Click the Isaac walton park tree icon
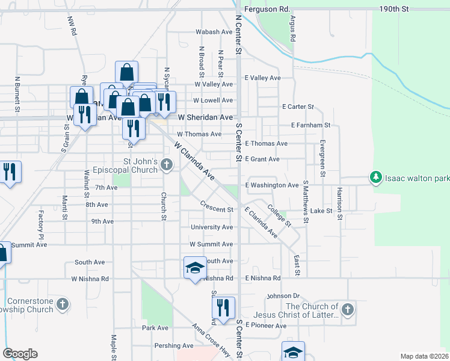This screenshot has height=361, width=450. (376, 177)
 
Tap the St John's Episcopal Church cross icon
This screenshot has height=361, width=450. (167, 164)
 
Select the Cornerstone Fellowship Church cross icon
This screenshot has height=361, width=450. (63, 305)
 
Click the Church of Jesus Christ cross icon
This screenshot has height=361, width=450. (347, 310)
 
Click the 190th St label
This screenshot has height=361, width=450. (394, 9)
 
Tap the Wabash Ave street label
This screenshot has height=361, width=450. (214, 32)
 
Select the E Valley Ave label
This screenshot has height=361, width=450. (262, 78)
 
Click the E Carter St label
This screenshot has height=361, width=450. (298, 106)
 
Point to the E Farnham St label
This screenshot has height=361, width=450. (310, 125)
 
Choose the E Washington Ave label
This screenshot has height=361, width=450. (271, 185)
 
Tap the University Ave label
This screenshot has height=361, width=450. (211, 227)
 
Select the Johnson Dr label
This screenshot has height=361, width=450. (283, 296)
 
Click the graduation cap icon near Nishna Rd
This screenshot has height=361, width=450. (195, 268)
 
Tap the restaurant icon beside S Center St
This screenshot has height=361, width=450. (223, 307)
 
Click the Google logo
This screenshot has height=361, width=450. (20, 354)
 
